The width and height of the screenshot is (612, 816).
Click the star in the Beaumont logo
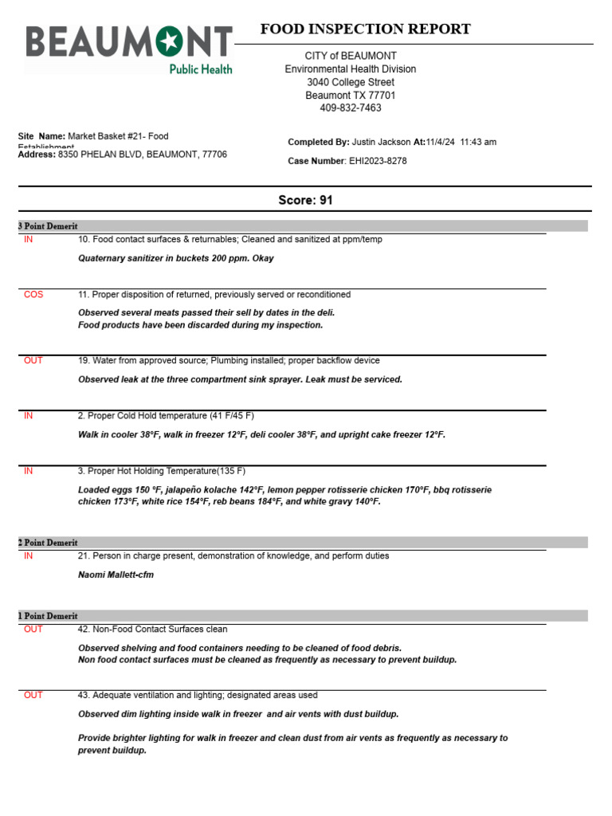[x=169, y=41]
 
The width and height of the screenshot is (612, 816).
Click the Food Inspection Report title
[x=365, y=29]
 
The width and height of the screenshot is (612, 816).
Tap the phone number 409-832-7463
[x=350, y=108]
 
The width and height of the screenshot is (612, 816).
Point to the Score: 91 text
[x=305, y=200]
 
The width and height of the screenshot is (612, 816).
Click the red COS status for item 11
[x=33, y=294]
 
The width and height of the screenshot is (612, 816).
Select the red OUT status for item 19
[x=33, y=360]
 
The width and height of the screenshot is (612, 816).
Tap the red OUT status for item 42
[x=33, y=629]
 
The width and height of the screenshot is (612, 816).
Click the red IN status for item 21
[x=29, y=555]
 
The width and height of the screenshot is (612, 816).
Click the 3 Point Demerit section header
[x=48, y=226]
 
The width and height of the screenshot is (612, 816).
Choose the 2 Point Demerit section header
[x=48, y=543]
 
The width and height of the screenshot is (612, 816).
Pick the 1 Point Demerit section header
[x=48, y=616]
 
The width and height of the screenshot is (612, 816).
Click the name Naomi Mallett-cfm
[x=116, y=575]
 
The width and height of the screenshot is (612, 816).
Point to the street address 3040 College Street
[x=350, y=82]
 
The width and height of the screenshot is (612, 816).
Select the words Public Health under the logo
[x=200, y=69]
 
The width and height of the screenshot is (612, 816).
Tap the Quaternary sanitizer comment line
[x=175, y=258]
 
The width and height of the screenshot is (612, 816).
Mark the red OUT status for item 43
[x=33, y=695]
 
